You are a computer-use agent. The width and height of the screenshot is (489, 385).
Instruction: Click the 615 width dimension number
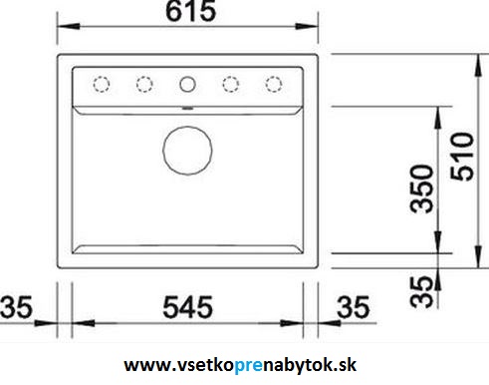pos(191,11)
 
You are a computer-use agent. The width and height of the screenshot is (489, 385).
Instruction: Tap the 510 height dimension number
pos(462,157)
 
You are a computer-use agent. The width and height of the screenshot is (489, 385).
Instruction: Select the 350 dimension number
pos(421,189)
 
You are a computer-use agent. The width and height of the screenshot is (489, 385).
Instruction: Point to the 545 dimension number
pos(187,307)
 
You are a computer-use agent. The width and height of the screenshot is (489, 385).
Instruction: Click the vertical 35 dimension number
pos(421,292)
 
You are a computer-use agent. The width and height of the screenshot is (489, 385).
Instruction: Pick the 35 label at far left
pos(16,307)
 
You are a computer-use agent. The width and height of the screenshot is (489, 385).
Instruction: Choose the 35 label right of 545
pos(353,307)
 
